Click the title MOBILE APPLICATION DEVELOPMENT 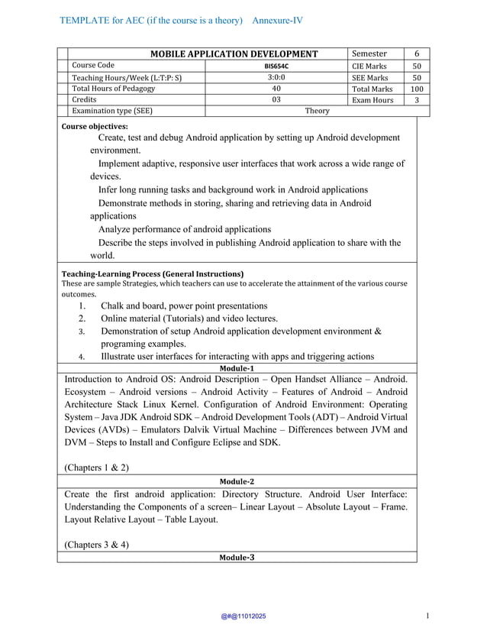234,53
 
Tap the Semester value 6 417,53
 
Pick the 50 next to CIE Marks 417,66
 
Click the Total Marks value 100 417,89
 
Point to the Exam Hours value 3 417,100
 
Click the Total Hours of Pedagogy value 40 276,89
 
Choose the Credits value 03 276,100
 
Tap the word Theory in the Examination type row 317,111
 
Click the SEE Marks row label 369,77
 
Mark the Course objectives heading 95,126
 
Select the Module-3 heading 237,558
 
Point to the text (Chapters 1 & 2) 97,467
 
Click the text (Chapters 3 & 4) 97,545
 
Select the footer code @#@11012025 243,616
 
